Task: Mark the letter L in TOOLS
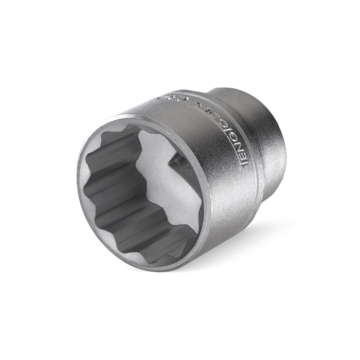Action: (x=195, y=101)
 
